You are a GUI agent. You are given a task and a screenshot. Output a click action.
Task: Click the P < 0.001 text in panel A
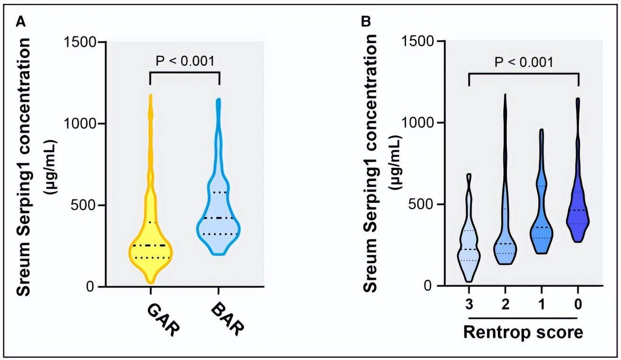185,61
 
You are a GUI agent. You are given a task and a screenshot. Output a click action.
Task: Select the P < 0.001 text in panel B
523,62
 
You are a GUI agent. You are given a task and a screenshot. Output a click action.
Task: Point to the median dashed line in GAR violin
150,245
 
